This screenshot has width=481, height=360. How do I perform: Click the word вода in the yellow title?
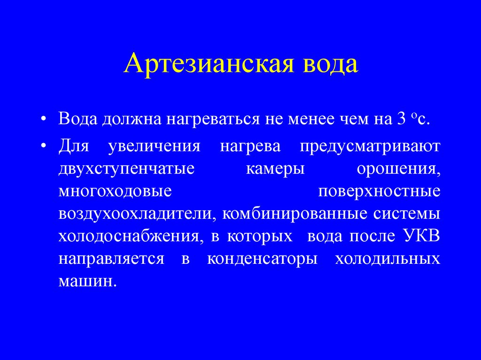tap(331, 64)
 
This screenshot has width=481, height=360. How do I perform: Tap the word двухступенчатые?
tap(126, 169)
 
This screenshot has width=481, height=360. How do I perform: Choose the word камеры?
tap(275, 169)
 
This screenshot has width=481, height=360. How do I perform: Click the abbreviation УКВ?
tap(421, 236)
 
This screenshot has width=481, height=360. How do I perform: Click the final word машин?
tap(87, 282)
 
